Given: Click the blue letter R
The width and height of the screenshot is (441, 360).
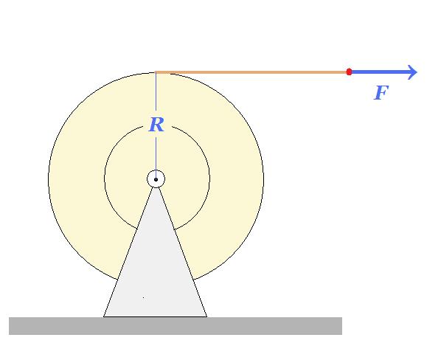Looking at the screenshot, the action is (x=156, y=125).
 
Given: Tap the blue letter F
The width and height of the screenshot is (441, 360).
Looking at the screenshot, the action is (x=381, y=92).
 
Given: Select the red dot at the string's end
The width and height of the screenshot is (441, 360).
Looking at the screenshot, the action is (x=349, y=72).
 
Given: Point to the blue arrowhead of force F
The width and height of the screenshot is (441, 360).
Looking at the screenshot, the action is (x=412, y=72).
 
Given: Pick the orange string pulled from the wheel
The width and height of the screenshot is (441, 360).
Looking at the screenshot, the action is (x=251, y=72).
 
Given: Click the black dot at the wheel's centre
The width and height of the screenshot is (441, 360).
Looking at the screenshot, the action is (x=156, y=179).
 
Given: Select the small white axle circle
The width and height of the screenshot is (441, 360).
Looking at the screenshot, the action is (x=156, y=179).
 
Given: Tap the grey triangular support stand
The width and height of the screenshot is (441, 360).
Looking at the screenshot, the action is (x=156, y=267).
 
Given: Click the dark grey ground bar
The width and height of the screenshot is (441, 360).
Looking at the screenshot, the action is (x=176, y=326).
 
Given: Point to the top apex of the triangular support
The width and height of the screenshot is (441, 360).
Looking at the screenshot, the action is (x=156, y=187).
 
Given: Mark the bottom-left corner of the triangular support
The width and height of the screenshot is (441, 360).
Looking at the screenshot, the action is (x=104, y=316).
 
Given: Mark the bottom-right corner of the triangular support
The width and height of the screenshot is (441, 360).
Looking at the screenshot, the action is (x=206, y=316).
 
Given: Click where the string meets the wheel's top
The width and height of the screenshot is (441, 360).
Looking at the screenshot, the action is (x=156, y=72).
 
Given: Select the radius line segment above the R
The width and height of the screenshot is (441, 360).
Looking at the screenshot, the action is (x=156, y=91).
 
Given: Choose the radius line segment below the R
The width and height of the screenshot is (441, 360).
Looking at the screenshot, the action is (x=156, y=154).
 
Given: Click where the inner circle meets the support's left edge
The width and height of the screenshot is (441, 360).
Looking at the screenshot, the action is (x=137, y=229).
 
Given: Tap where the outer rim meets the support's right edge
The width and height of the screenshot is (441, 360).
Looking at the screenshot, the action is (x=194, y=280).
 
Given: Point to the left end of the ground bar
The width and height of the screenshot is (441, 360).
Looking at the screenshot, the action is (x=10, y=326).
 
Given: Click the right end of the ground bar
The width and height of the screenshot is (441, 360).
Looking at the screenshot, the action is (x=342, y=326).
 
